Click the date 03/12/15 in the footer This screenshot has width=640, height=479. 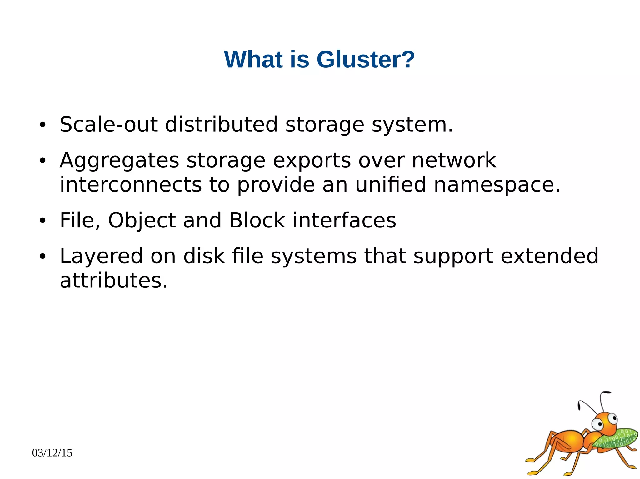tap(52, 453)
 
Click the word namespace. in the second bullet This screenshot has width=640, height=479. tap(497, 185)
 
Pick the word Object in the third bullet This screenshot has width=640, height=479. tap(142, 220)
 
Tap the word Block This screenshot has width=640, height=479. tap(257, 220)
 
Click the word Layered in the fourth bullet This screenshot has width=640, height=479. tap(101, 257)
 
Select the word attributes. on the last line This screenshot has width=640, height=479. tap(114, 280)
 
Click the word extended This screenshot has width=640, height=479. tap(549, 256)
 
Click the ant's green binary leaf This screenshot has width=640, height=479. tap(616, 438)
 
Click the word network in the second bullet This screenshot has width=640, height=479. tap(454, 160)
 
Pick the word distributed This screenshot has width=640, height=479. tap(221, 125)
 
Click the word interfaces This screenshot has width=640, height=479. tap(344, 220)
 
